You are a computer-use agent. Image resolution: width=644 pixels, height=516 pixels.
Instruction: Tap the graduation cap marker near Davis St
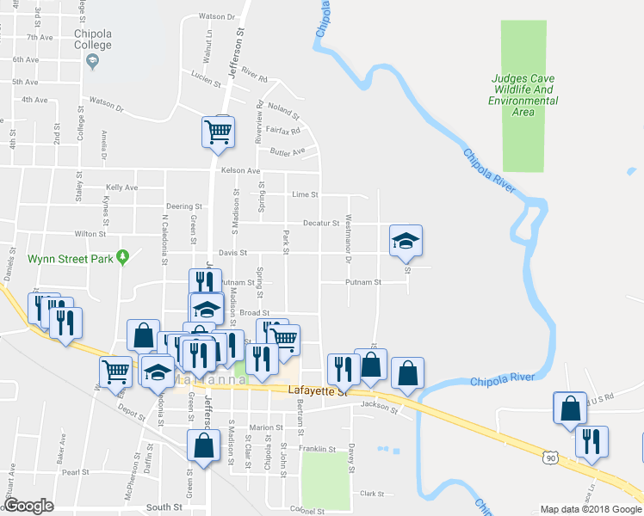(x=406, y=241)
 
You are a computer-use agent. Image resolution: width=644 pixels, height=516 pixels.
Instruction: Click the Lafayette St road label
(x=316, y=392)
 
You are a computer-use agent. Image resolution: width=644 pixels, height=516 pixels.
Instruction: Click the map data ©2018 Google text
(x=590, y=509)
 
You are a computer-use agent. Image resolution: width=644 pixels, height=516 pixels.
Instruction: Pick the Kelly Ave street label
(x=121, y=187)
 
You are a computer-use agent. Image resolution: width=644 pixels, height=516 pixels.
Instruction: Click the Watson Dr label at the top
(x=216, y=16)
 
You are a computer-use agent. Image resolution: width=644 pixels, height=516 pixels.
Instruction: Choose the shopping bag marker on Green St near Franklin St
(x=202, y=447)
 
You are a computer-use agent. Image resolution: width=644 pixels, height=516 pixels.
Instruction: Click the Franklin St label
(x=318, y=449)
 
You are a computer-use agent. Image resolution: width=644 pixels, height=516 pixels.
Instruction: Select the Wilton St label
(x=90, y=233)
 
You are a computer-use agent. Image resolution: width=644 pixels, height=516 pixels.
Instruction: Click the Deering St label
(x=183, y=206)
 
